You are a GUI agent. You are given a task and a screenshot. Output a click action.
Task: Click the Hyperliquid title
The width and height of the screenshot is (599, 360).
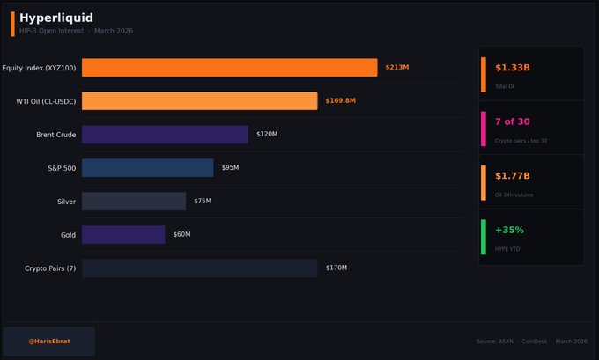click(56, 18)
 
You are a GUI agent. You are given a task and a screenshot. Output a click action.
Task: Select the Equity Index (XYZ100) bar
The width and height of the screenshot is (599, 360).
click(229, 68)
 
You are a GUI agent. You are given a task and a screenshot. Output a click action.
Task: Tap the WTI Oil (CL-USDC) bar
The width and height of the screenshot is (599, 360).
click(199, 101)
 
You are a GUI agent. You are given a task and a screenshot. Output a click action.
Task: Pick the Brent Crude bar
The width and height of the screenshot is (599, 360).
click(165, 134)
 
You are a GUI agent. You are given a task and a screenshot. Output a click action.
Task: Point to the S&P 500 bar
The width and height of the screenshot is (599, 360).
click(147, 167)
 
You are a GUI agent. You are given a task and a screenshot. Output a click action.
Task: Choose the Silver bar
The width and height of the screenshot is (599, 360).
click(134, 201)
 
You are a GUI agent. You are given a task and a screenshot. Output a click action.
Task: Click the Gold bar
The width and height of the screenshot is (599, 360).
click(123, 234)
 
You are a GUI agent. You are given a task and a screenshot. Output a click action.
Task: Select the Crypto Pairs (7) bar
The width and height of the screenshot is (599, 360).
click(199, 268)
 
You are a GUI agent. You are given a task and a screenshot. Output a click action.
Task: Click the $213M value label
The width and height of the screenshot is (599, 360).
click(397, 68)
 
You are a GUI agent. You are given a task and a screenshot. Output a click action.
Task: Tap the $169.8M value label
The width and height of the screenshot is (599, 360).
click(340, 101)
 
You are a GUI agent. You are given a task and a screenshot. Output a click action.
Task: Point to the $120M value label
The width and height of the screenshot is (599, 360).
click(267, 134)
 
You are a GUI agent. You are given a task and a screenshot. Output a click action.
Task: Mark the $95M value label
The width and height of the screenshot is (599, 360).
click(231, 167)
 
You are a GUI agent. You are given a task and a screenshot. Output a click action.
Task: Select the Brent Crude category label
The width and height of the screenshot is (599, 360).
click(55, 134)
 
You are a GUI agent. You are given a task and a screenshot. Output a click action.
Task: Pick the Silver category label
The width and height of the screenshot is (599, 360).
click(66, 201)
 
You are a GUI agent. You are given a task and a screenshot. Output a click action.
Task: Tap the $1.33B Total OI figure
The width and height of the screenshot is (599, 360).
click(512, 68)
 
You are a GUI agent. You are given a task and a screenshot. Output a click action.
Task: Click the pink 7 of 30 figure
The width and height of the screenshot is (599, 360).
click(511, 121)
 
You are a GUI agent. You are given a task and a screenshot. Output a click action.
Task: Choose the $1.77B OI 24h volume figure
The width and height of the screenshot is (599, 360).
click(512, 176)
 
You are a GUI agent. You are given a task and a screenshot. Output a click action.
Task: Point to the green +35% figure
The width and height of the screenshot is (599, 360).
click(509, 230)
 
